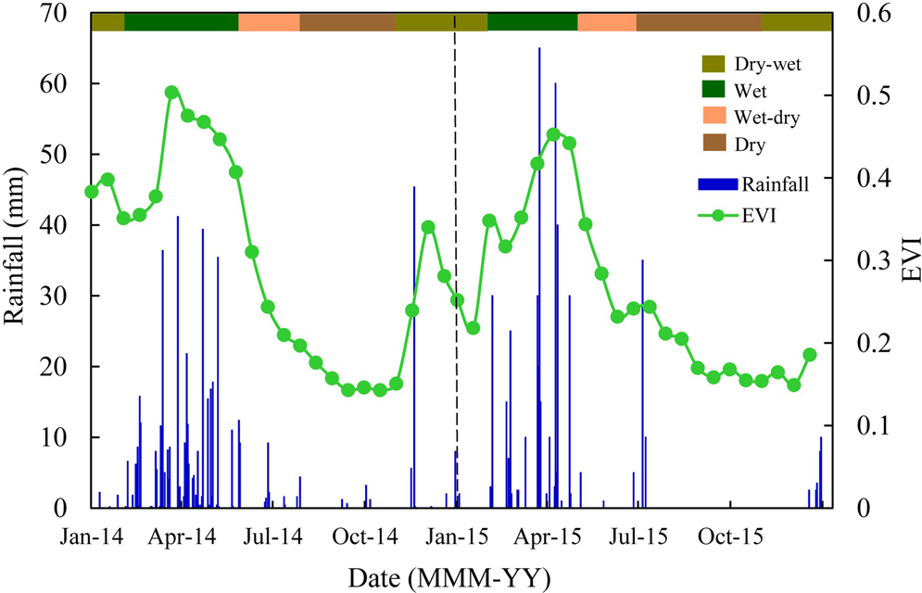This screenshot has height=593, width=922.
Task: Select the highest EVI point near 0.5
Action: tap(171, 93)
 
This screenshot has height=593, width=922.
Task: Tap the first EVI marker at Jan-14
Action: tap(91, 192)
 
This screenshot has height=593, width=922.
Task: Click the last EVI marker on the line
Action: tap(809, 355)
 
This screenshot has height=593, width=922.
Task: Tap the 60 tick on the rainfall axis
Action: tap(61, 83)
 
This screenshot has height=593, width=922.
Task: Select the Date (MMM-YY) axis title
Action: tap(449, 578)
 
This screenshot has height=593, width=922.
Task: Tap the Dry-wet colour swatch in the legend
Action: tap(714, 65)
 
